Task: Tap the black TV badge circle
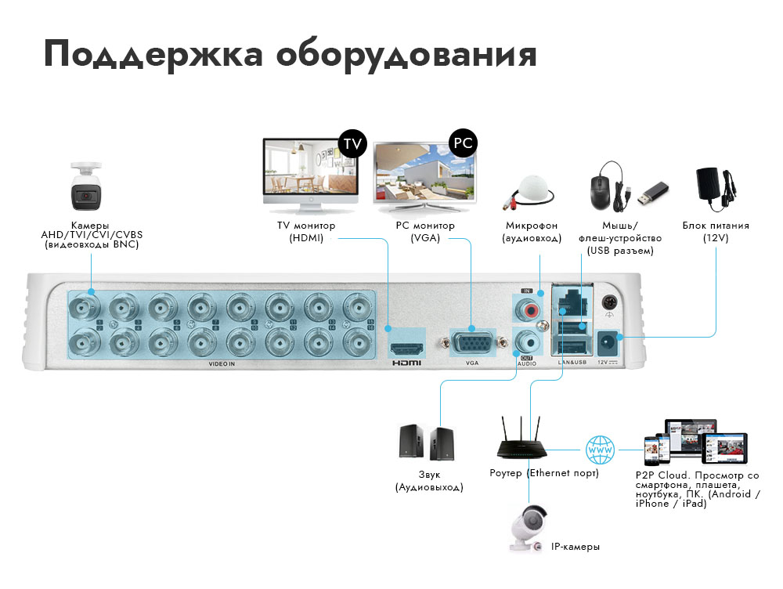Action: [x=352, y=143]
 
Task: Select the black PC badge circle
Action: [x=463, y=143]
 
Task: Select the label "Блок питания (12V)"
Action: [x=716, y=231]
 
